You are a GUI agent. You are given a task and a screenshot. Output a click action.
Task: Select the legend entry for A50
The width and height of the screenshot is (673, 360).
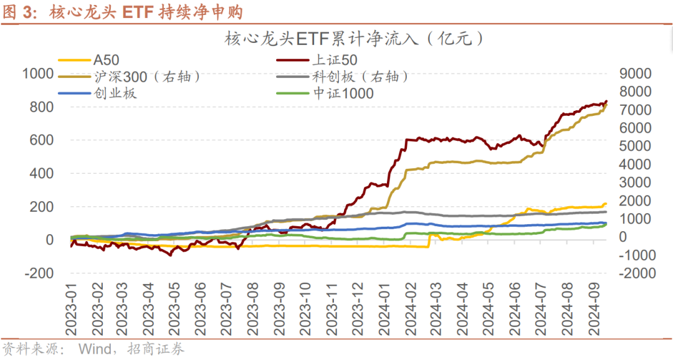pos(105,60)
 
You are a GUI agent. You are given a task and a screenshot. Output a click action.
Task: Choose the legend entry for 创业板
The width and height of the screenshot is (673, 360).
pos(115,93)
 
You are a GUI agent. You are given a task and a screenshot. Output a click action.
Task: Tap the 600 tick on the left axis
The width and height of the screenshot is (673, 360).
pos(42,140)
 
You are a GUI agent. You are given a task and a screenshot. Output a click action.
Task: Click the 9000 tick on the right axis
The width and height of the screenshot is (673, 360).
pos(635,73)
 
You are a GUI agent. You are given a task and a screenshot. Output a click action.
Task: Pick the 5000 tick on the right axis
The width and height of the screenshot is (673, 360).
pos(635,146)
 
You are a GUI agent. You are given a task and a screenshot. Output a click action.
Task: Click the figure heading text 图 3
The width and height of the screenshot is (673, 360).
pos(17,12)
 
